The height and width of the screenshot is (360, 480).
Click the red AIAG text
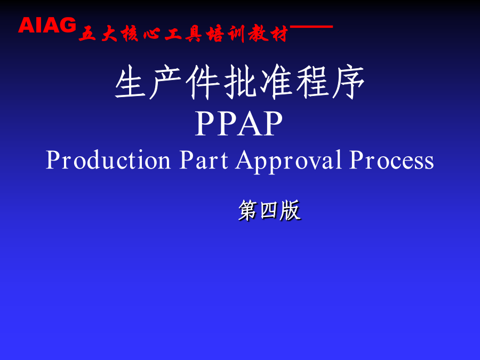coord(47,25)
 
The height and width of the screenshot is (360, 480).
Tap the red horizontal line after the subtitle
coord(311,27)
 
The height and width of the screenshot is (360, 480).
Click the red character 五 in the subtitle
coord(87,34)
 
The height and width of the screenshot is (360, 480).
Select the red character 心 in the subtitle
coord(151,34)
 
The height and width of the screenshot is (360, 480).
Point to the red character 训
coord(236,34)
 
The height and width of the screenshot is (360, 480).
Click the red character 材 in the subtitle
coord(278,34)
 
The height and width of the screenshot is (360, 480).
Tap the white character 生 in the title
coord(131,82)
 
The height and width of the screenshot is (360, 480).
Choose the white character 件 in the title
coord(202,82)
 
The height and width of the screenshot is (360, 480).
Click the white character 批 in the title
coord(239,82)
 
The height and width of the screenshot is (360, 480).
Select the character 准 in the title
coord(276,82)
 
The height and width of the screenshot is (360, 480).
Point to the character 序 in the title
coord(348,82)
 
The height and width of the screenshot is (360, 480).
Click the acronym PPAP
coord(239,123)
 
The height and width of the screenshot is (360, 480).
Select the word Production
coord(108,160)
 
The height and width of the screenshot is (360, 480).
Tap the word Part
coord(204,160)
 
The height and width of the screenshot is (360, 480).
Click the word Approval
coord(289,162)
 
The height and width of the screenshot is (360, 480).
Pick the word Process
coord(391,160)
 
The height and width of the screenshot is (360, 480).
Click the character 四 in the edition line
coord(269,211)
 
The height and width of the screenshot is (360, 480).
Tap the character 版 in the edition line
coord(290,210)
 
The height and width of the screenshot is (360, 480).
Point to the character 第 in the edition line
coord(249,210)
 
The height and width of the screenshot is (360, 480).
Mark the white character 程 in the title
coord(312,82)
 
